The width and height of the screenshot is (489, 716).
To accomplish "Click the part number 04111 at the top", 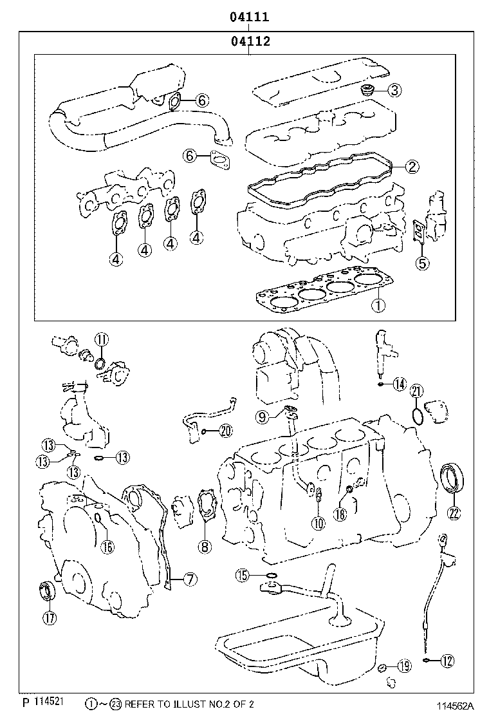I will pyautogui.click(x=250, y=17).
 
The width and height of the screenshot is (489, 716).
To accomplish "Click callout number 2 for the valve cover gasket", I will pyautogui.click(x=412, y=167).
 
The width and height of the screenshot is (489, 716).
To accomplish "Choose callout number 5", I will pyautogui.click(x=422, y=262).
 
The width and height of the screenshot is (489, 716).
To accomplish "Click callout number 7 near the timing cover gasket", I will pyautogui.click(x=189, y=579).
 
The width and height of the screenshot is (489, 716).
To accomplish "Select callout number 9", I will pyautogui.click(x=263, y=417).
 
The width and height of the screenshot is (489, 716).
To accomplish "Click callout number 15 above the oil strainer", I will pyautogui.click(x=242, y=575).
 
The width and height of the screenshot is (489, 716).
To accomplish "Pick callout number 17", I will pyautogui.click(x=50, y=619).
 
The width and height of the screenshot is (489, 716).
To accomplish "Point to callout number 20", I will pyautogui.click(x=225, y=431).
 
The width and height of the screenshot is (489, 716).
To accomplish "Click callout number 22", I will pyautogui.click(x=454, y=513).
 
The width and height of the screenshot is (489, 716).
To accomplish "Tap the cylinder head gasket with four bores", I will pyautogui.click(x=322, y=293).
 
